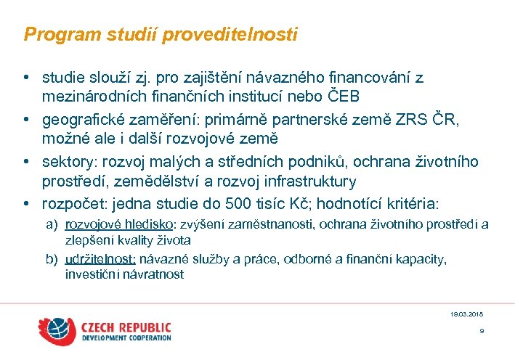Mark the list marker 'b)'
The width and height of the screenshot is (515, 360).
coord(51,259)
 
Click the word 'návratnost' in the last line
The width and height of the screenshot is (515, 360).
coord(156,274)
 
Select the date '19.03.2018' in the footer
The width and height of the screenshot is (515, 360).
coord(466,314)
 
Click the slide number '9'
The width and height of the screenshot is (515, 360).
coord(481,331)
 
